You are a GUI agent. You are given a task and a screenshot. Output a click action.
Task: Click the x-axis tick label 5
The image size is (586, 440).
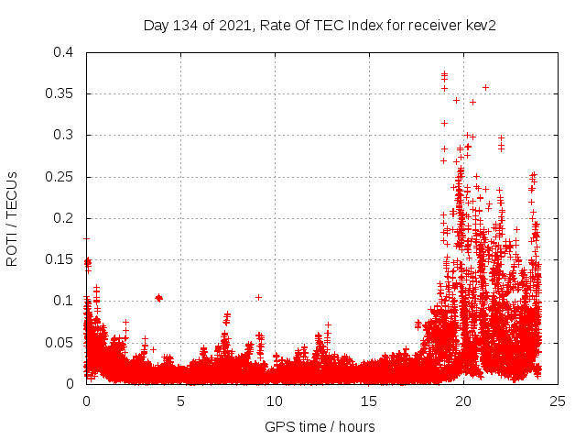(x=180, y=401)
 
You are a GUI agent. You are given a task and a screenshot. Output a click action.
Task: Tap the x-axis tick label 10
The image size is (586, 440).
(x=275, y=401)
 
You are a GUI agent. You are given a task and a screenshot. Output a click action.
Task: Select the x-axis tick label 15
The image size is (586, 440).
(x=369, y=401)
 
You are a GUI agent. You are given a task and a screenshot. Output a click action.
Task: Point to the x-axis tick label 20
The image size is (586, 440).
(x=463, y=401)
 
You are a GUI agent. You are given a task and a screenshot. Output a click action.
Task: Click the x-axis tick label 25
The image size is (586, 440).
(x=558, y=401)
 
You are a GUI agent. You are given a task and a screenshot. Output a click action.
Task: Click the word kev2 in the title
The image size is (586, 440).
(x=480, y=25)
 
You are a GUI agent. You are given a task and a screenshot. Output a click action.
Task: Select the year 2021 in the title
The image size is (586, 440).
(x=233, y=25)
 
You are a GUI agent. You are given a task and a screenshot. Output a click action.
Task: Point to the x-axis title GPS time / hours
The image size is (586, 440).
(x=320, y=426)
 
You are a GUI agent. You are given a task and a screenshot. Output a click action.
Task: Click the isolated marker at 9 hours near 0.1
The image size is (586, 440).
(x=258, y=297)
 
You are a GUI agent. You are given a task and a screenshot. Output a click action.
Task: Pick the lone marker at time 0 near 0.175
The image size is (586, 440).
(x=86, y=238)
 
